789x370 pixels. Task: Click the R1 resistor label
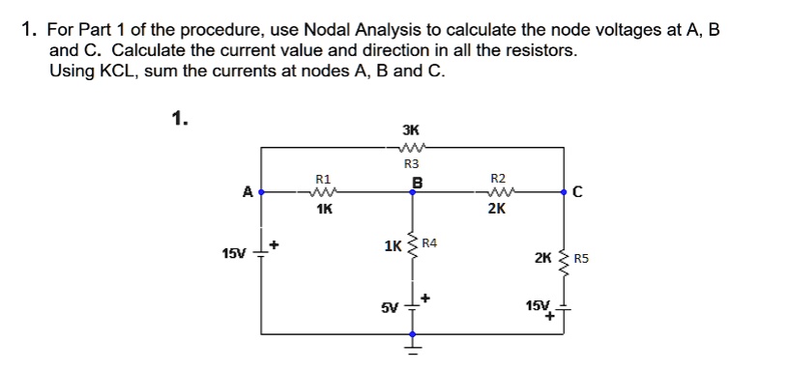point(323,179)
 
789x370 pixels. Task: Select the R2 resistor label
point(498,179)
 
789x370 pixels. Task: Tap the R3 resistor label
point(410,164)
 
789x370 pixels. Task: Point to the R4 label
point(429,242)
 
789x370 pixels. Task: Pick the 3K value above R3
point(410,130)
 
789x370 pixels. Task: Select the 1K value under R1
point(323,207)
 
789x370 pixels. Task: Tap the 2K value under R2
point(497,207)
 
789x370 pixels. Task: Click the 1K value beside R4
point(394,246)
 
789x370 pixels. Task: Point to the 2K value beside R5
point(544,259)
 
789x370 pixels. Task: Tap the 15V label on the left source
point(234,254)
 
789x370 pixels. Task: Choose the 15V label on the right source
point(536,306)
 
